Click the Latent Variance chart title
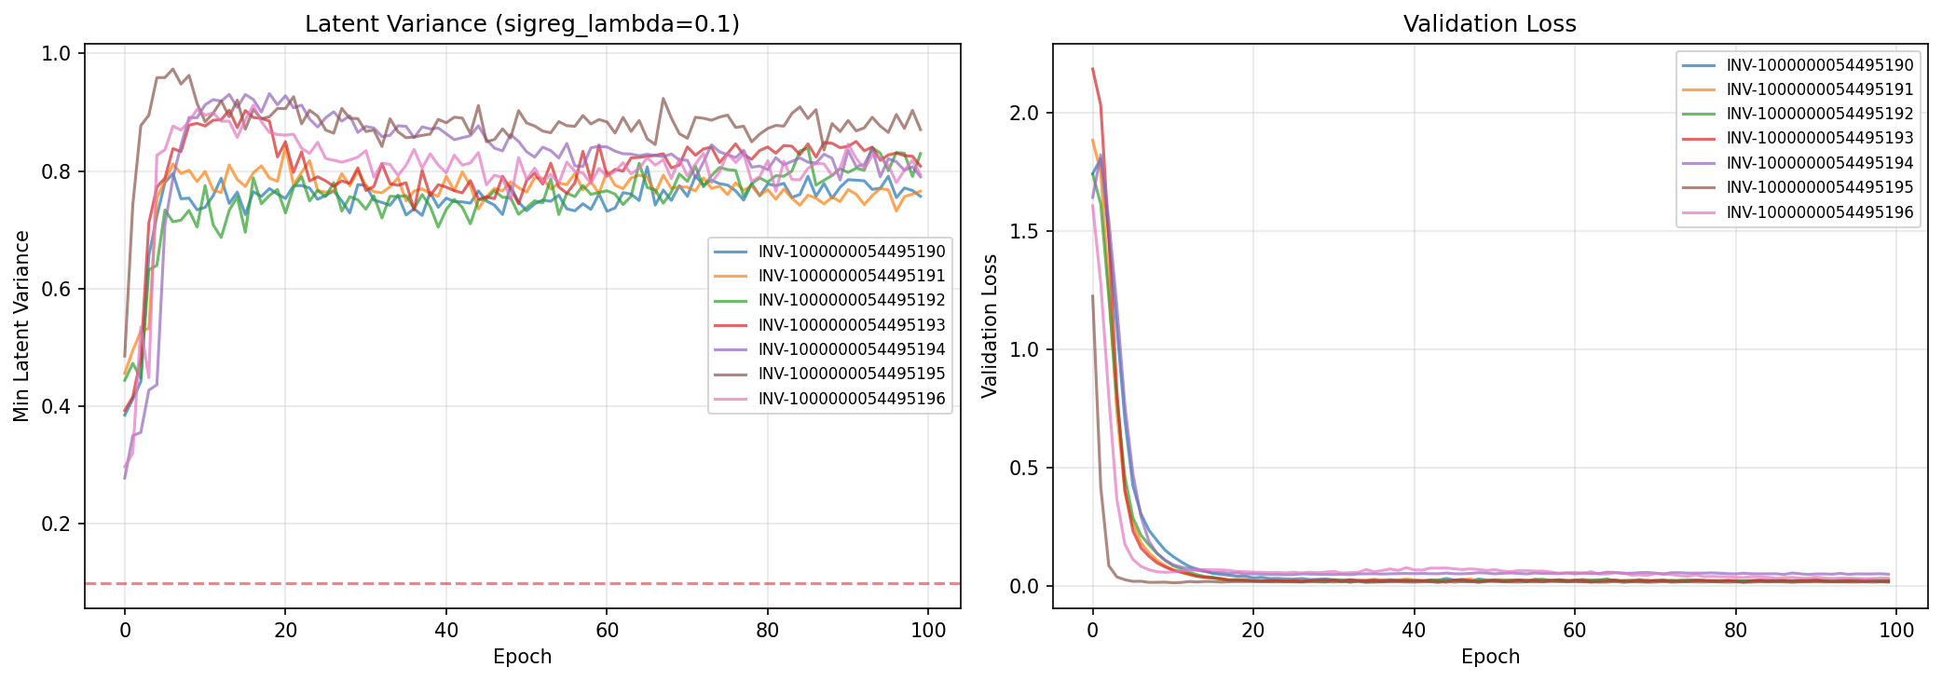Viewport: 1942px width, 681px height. [522, 24]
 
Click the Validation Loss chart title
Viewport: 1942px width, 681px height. [1489, 24]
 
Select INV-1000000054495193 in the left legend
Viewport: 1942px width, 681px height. [851, 325]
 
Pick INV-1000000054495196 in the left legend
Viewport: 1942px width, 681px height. [851, 399]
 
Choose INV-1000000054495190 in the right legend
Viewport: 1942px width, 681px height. [1819, 65]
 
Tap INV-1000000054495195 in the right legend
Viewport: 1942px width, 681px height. [1819, 187]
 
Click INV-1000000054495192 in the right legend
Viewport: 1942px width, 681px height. [1819, 114]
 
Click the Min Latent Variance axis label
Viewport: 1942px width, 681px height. [21, 326]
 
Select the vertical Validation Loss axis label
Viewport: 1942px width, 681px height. [990, 326]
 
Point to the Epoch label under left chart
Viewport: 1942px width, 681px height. [522, 657]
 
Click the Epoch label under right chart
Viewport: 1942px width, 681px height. [1490, 657]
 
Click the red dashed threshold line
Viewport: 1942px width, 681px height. [522, 583]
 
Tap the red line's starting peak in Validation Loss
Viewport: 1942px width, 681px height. [1093, 69]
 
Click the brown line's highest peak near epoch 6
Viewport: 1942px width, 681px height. [172, 69]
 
